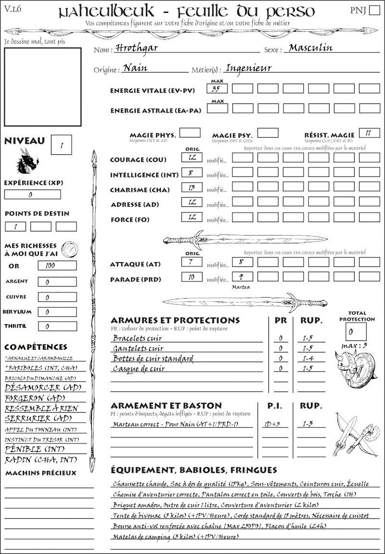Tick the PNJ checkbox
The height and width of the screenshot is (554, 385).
click(374, 11)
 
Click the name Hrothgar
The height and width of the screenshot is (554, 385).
click(137, 49)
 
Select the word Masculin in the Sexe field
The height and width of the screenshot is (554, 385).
click(310, 48)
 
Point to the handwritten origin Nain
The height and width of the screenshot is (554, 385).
click(135, 68)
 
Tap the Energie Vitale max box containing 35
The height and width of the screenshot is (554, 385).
click(217, 88)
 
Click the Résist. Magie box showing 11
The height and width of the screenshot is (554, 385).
click(369, 133)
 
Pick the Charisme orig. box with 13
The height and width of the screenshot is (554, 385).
click(192, 188)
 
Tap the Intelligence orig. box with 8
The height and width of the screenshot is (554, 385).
click(192, 172)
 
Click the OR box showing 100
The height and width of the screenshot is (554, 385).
click(57, 265)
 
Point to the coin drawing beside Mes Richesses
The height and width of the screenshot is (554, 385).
click(70, 249)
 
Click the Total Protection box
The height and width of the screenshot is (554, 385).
click(356, 331)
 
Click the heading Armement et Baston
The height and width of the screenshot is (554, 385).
click(166, 405)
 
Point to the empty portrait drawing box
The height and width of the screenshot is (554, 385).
click(42, 86)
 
